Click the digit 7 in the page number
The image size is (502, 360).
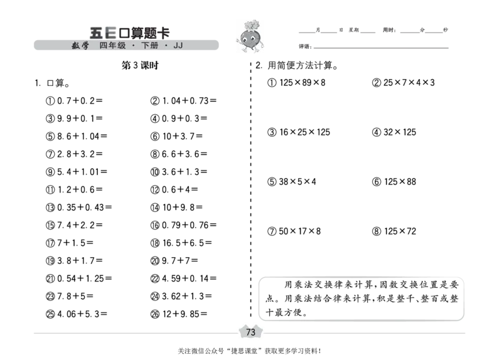click(x=248, y=332)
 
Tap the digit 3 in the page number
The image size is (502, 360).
click(x=254, y=332)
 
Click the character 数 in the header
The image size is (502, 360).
click(x=76, y=46)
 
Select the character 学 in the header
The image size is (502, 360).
click(x=85, y=46)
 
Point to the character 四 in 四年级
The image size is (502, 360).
click(x=104, y=46)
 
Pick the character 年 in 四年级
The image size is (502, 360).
click(x=112, y=46)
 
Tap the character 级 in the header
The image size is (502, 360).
click(x=122, y=46)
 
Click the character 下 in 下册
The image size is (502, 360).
click(x=145, y=46)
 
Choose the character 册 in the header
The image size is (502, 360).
click(x=154, y=46)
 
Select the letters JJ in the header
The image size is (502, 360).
click(x=178, y=46)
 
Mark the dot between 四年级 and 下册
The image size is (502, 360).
click(x=134, y=46)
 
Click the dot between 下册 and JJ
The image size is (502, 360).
click(x=166, y=46)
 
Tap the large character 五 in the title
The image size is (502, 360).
click(x=96, y=33)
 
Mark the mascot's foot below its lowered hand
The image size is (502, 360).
click(x=255, y=52)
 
